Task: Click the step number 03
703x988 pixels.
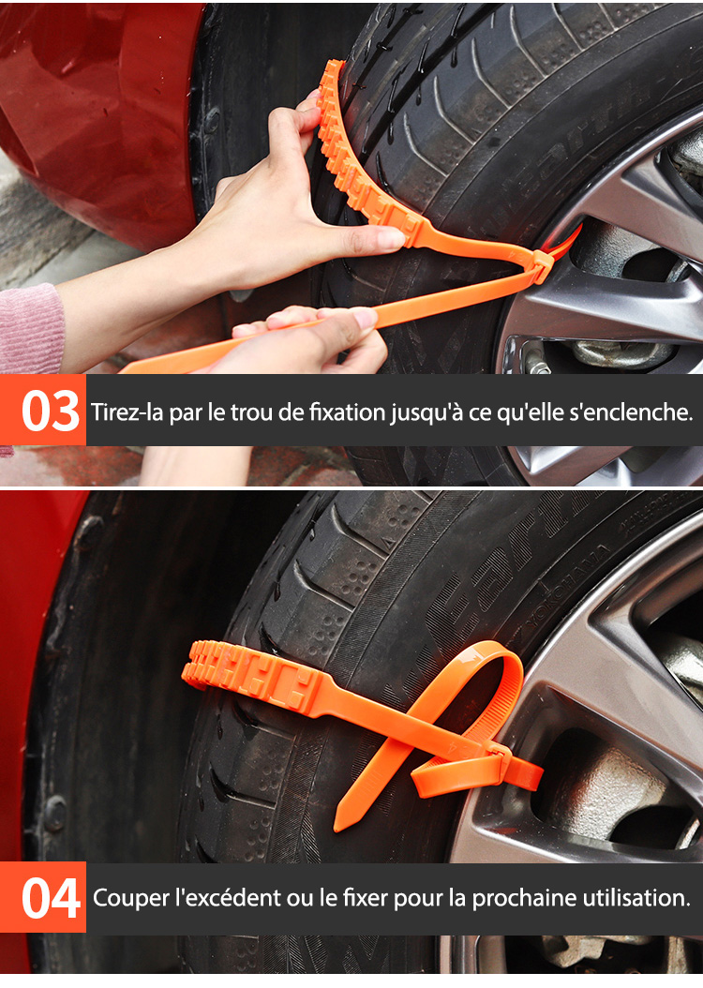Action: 51,412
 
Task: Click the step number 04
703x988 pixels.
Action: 51,899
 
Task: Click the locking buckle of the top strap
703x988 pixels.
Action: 540,264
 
